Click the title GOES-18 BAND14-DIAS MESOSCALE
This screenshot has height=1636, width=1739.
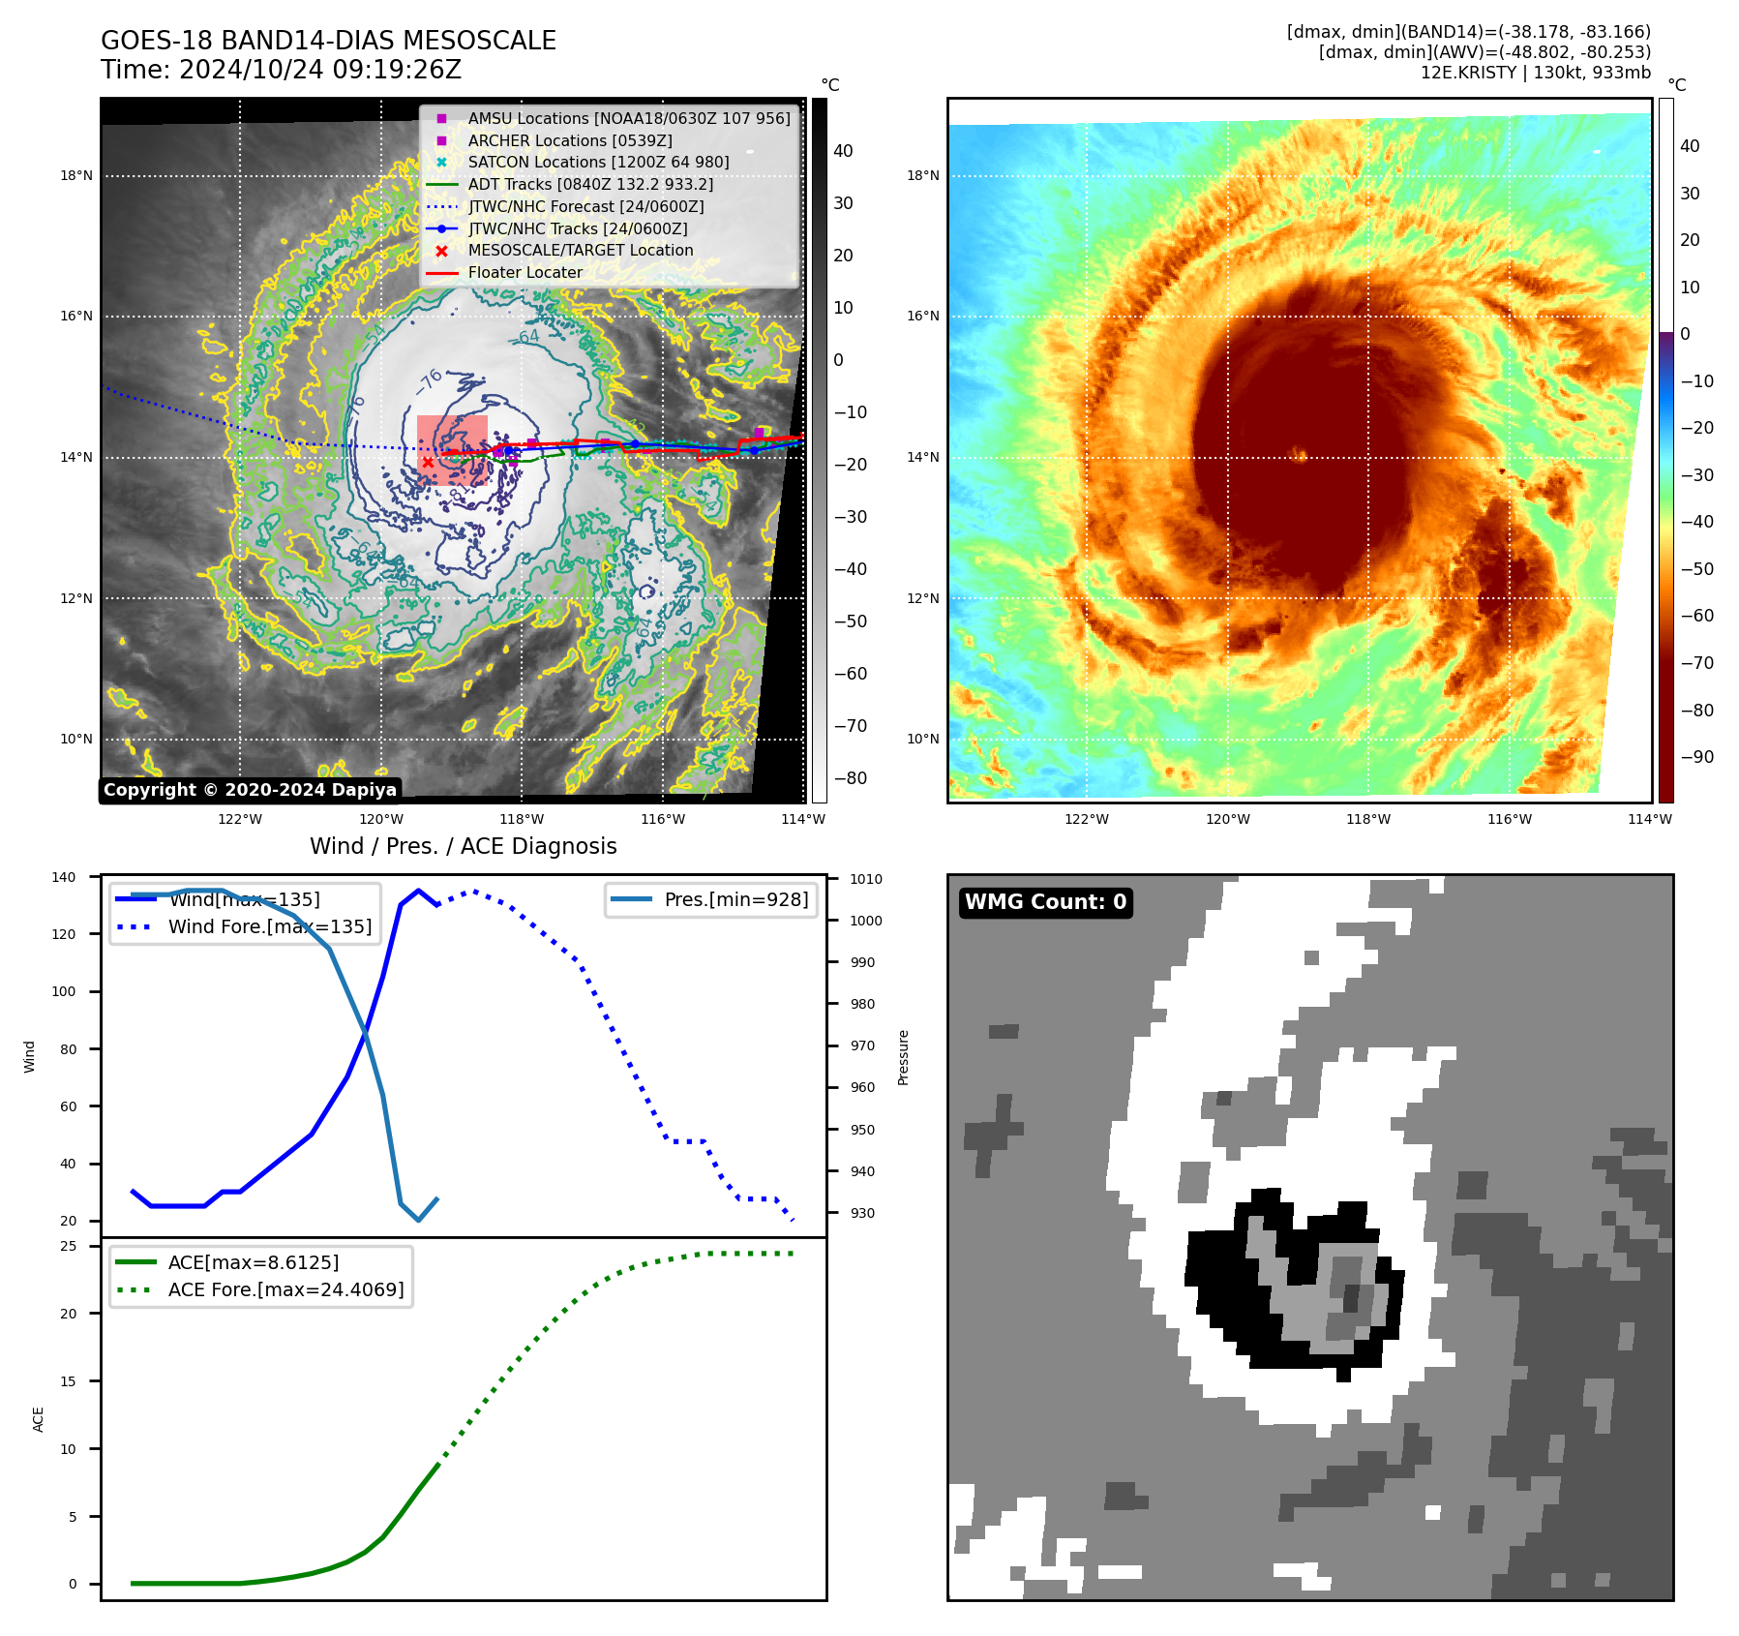point(328,41)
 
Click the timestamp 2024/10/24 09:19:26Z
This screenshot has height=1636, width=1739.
point(319,70)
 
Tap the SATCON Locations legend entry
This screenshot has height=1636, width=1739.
point(598,162)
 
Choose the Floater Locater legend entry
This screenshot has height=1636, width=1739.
point(525,272)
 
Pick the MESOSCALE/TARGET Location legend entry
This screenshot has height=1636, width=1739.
point(580,250)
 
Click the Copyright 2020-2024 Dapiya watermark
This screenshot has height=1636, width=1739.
point(250,790)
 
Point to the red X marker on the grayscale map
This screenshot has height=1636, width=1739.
point(428,463)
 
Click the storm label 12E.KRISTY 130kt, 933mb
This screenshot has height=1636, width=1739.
point(1535,73)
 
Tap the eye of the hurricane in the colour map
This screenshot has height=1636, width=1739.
point(1299,454)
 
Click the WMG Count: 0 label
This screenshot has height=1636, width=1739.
point(1045,902)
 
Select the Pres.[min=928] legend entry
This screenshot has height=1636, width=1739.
point(735,899)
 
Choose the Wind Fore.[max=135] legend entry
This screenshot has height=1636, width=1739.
point(269,926)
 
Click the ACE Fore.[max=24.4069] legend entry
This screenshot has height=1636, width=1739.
point(285,1289)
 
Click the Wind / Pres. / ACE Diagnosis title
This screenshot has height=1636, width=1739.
point(463,846)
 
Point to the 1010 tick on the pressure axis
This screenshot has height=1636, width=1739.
point(866,879)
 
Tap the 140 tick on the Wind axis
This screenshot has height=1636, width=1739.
point(64,877)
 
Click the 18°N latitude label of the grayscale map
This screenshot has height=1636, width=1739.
point(76,176)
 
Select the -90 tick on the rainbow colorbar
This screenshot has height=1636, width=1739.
point(1696,757)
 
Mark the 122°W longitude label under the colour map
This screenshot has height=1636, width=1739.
point(1086,819)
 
